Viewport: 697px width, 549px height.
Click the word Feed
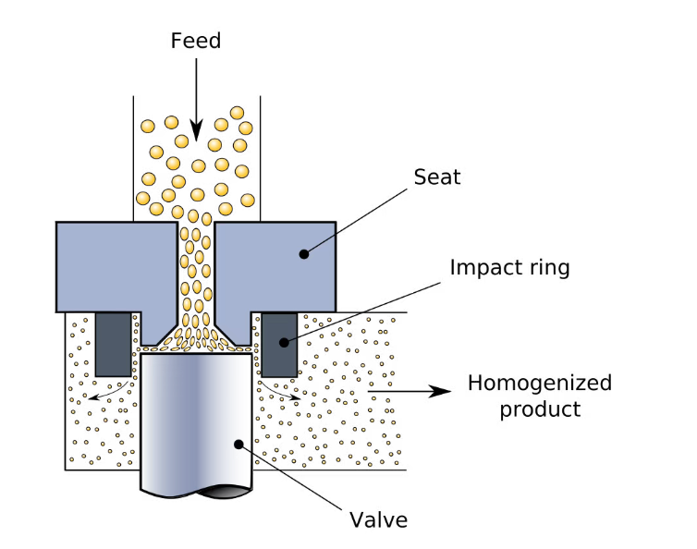tap(196, 41)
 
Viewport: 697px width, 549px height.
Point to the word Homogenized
tap(539, 383)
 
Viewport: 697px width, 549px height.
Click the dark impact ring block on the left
tap(113, 344)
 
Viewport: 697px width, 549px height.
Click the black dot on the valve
tap(238, 445)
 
